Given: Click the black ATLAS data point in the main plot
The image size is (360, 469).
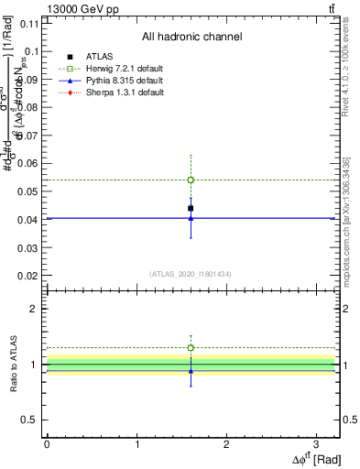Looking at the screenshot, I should pyautogui.click(x=191, y=208).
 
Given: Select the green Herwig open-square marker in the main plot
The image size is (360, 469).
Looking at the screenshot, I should pyautogui.click(x=191, y=180).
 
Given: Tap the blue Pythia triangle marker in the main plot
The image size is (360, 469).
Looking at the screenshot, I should pyautogui.click(x=191, y=218).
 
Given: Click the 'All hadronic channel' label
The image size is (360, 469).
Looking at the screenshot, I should pyautogui.click(x=191, y=37).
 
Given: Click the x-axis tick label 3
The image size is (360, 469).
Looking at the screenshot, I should pyautogui.click(x=317, y=444).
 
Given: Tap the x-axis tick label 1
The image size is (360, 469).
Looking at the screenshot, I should pyautogui.click(x=136, y=444).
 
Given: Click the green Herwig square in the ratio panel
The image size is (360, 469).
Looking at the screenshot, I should pyautogui.click(x=191, y=348).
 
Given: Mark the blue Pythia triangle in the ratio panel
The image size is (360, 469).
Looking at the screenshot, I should pyautogui.click(x=191, y=371).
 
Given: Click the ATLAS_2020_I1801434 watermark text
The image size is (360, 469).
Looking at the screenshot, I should pyautogui.click(x=190, y=273).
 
